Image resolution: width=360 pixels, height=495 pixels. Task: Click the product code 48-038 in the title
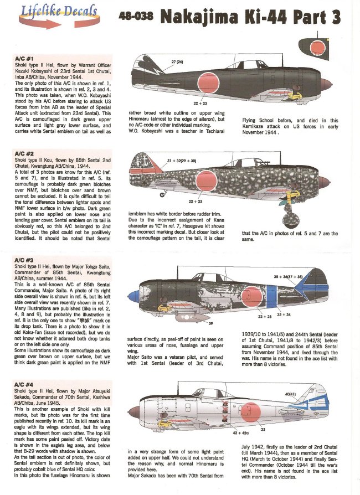pyautogui.click(x=137, y=17)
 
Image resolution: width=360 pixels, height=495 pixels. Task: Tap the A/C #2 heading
pyautogui.click(x=27, y=153)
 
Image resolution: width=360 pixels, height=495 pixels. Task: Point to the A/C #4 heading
pyautogui.click(x=27, y=368)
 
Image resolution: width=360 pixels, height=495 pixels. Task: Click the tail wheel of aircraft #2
pyautogui.click(x=162, y=194)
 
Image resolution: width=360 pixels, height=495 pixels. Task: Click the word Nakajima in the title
pyautogui.click(x=200, y=17)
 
